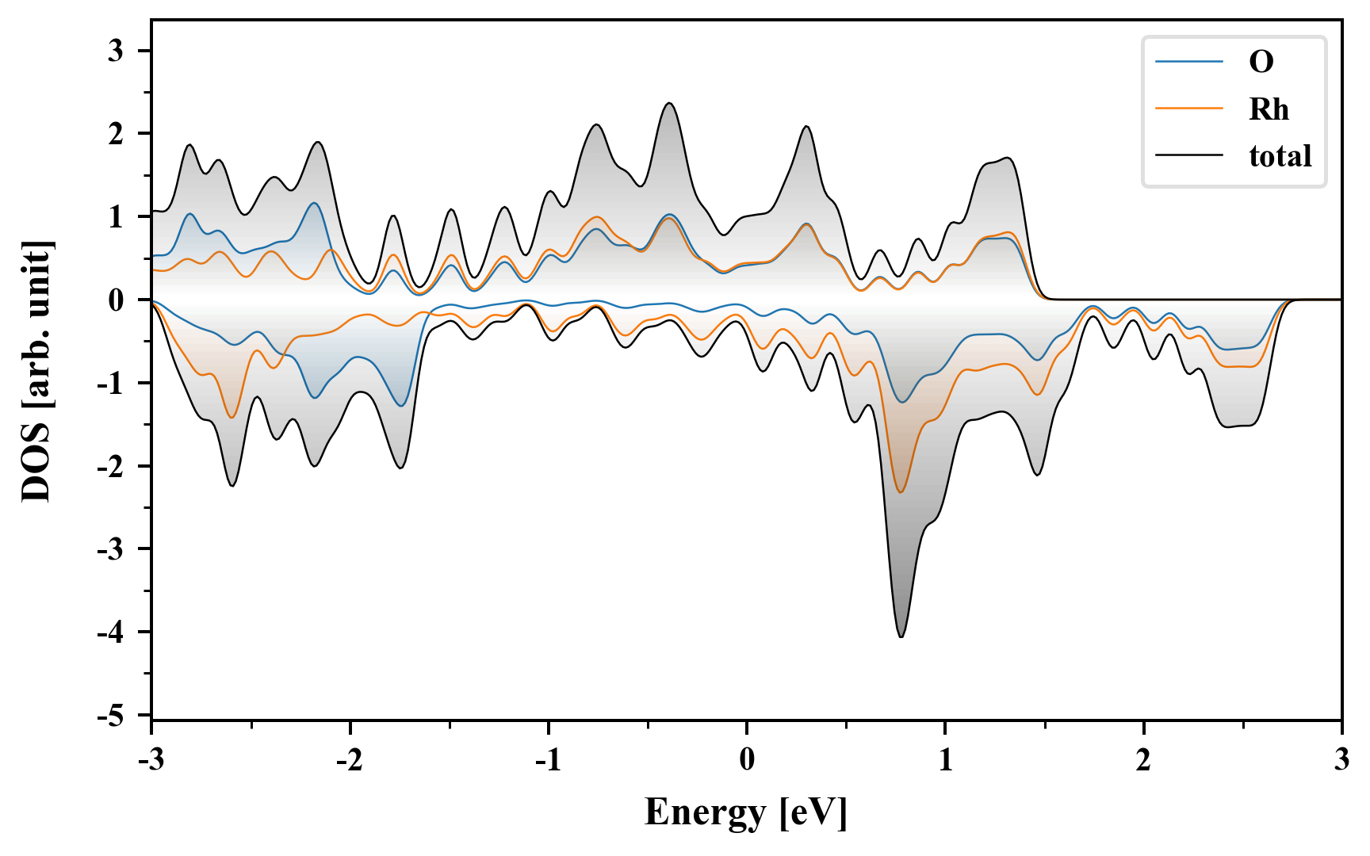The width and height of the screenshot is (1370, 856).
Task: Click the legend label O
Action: coord(1261,62)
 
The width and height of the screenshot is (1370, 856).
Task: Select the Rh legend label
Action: coord(1269,109)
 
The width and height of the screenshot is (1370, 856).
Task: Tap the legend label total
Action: coord(1280,155)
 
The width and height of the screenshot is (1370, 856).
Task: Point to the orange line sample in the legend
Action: coord(1188,109)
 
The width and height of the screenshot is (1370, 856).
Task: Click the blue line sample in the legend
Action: coord(1188,62)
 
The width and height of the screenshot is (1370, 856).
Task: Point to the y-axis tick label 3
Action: coord(117,51)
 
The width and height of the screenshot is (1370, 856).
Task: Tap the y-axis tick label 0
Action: coord(117,300)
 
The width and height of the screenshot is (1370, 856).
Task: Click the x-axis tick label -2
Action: coord(349,760)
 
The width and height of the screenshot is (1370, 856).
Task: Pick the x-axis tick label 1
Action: coord(946,760)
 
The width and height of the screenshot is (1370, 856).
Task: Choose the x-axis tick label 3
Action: coord(1341,760)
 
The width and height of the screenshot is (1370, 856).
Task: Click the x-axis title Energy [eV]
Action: coord(746,812)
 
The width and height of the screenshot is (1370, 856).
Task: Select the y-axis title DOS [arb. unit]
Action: coord(36,370)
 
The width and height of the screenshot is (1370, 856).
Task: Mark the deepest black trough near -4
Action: coord(901,636)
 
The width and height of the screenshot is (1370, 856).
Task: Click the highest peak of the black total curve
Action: coord(670,103)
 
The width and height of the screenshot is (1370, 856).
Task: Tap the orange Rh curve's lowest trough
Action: coord(900,492)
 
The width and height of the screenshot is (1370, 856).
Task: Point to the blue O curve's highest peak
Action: coord(315,203)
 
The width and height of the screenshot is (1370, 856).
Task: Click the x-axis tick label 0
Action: coord(747,760)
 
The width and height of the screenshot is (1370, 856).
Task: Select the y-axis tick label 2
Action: coord(117,134)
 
